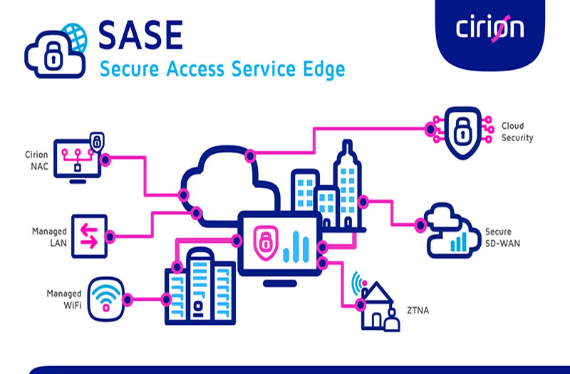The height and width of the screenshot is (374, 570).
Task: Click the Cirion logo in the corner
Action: click(489, 28)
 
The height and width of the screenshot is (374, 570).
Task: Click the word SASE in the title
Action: click(140, 35)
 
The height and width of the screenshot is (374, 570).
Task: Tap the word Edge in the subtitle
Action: click(324, 69)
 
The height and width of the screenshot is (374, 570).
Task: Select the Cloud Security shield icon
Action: click(462, 133)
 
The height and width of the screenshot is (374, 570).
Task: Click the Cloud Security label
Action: click(517, 132)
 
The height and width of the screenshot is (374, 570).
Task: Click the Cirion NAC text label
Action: click(36, 160)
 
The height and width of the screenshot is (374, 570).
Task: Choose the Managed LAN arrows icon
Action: click(90, 237)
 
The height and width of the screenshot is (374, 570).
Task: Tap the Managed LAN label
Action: click(49, 237)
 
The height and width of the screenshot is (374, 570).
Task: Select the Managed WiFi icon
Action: click(105, 299)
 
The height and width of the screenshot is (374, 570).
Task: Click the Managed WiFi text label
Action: click(64, 299)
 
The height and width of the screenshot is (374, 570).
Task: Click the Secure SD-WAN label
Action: click(503, 237)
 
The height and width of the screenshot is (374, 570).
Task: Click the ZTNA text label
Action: click(418, 311)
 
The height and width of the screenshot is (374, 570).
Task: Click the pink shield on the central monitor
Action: click(265, 242)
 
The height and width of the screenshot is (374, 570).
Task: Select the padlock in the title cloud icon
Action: click(53, 56)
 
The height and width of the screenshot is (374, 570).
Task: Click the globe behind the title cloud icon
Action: click(76, 36)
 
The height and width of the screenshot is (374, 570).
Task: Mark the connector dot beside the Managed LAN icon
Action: click(110, 237)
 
